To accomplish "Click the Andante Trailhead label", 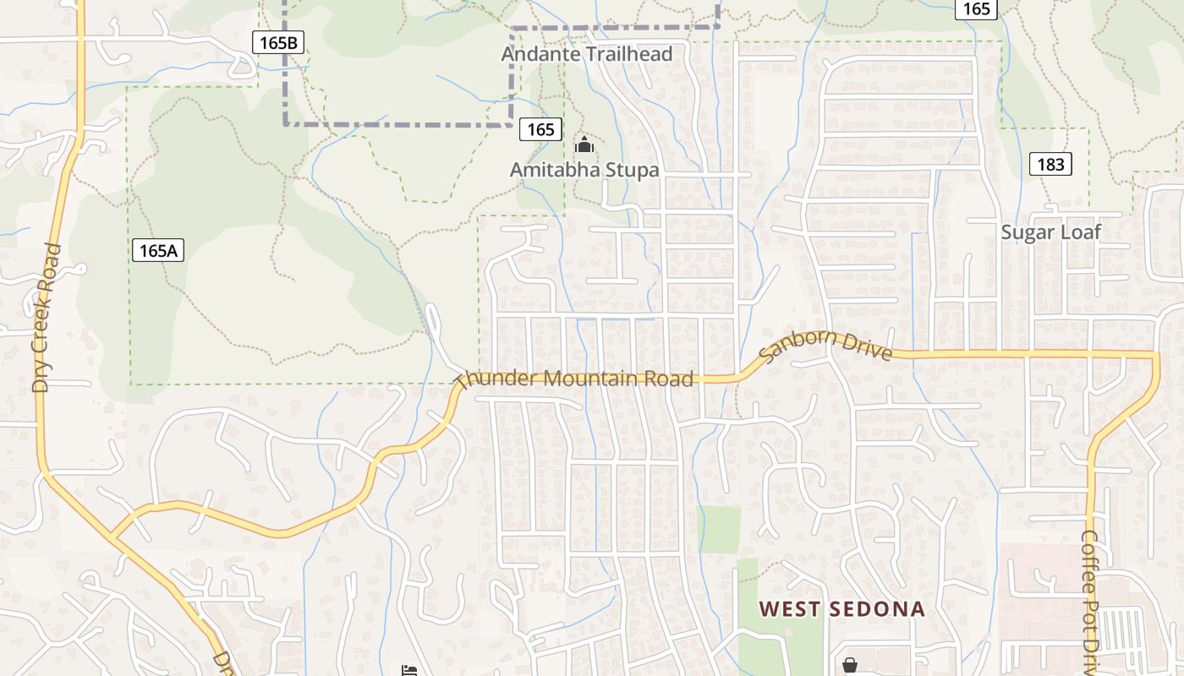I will [587, 54].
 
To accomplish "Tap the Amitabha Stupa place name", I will [584, 170].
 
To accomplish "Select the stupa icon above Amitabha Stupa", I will [584, 145].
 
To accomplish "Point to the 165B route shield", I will [278, 42].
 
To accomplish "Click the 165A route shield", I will [158, 250].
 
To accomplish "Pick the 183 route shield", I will [1050, 164].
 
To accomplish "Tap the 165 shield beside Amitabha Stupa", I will [540, 129].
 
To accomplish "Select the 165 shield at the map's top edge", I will [976, 8].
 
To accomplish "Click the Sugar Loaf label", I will [1050, 232].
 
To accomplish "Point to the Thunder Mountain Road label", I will [575, 378].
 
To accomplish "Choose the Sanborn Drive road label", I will [825, 345].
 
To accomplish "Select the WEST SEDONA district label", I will [841, 609].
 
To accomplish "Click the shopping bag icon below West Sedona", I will [849, 665].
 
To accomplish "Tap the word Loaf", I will [1080, 232].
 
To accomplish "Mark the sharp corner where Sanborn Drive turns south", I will [1154, 354].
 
